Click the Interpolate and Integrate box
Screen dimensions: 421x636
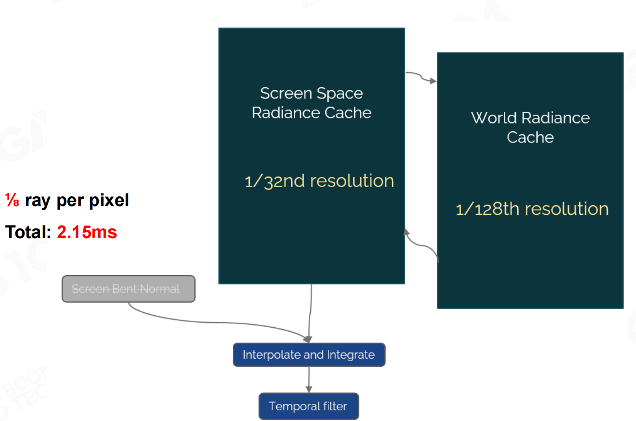(309, 355)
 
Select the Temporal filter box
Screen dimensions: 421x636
(308, 406)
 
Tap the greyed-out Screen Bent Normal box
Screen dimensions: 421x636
(128, 289)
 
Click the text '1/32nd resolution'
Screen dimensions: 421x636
(319, 181)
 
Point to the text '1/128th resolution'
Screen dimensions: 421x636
(532, 209)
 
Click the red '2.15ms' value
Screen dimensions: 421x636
(87, 232)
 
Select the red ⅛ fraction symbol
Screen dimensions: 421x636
(12, 200)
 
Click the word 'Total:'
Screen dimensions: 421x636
(28, 232)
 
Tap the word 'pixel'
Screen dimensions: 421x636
(109, 200)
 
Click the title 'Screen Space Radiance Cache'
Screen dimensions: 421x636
(312, 103)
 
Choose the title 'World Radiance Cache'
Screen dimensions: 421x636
(530, 127)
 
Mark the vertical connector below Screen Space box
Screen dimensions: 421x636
(311, 311)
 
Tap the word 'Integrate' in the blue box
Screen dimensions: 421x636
(350, 355)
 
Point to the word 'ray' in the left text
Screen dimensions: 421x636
(37, 200)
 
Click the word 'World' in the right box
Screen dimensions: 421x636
(494, 118)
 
